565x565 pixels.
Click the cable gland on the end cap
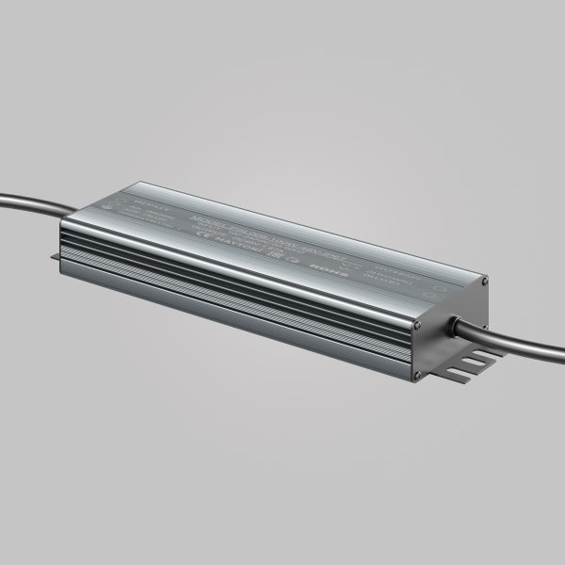tap(454, 324)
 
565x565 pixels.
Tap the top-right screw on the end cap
tap(484, 282)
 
